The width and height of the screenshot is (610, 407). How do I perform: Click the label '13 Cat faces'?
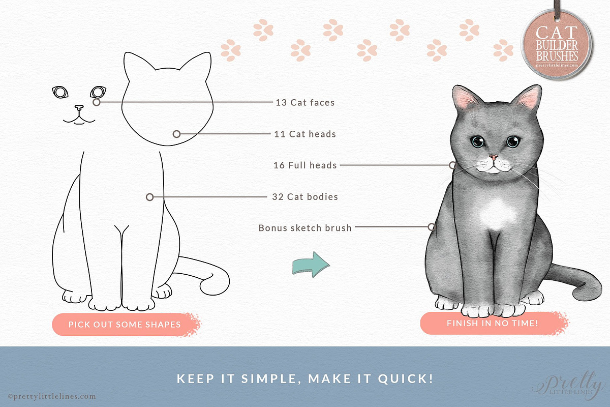[305, 102]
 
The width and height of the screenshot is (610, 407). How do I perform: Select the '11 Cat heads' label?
[305, 134]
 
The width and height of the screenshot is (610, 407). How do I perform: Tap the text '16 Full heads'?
[305, 165]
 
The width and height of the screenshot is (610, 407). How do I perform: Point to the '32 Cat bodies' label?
[305, 196]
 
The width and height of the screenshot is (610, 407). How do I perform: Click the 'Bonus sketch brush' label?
[305, 228]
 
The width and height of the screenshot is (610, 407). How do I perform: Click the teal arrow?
[311, 265]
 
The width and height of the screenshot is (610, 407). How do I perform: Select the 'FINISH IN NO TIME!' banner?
[494, 323]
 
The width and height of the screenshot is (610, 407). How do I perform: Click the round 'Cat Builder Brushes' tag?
[557, 45]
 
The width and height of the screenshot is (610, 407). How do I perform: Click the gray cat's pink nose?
[493, 157]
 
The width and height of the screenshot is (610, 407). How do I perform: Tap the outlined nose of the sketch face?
[79, 108]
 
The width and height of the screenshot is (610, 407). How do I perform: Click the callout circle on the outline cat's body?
[150, 197]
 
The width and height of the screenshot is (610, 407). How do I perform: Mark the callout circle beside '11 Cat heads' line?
[177, 134]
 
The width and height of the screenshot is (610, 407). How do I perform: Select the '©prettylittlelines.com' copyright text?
[52, 396]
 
